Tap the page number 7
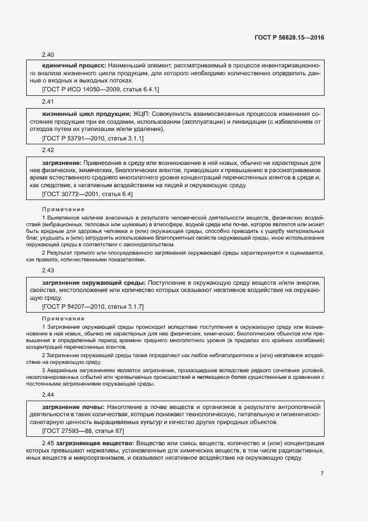pos(322,474)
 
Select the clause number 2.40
pos(48,55)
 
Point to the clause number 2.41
pos(48,103)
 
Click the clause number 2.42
pos(48,150)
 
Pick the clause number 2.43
pos(48,270)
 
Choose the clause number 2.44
pos(48,395)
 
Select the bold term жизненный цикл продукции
pos(86,114)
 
